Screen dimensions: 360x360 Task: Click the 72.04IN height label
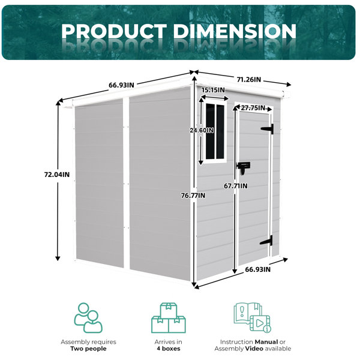point(57,175)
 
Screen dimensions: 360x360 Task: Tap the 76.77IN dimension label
point(193,196)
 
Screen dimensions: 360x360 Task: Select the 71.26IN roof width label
point(249,79)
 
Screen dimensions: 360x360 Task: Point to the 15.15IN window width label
point(213,90)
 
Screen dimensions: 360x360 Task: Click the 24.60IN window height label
point(202,130)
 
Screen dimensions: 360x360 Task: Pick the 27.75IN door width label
point(253,107)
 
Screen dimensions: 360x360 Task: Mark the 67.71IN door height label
point(236,186)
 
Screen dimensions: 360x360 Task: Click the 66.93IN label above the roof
point(121,85)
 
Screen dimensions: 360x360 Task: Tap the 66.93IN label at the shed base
point(258,269)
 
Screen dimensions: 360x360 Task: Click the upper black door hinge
point(268,129)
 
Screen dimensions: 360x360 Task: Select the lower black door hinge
point(267,241)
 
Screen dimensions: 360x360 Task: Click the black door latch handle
point(243,168)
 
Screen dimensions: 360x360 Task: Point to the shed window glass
point(215,131)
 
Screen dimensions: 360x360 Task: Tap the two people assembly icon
point(88,318)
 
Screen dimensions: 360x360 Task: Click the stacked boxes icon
point(168,318)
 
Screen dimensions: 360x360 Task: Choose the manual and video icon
point(253,317)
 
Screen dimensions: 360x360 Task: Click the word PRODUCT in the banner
point(114,31)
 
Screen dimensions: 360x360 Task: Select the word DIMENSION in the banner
point(235,31)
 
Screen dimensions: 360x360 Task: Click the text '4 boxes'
point(168,349)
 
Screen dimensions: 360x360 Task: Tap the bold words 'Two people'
point(88,349)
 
